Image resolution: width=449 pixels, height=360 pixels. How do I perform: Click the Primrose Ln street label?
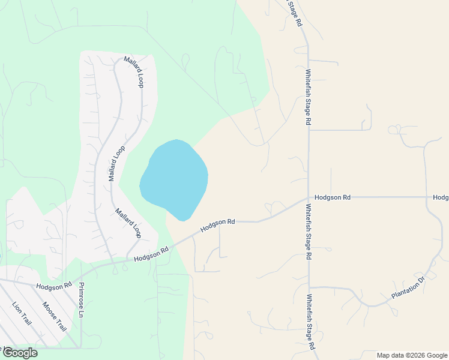tap(82, 300)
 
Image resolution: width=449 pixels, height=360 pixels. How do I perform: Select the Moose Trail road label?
tap(54, 316)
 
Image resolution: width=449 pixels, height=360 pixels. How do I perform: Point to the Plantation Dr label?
tap(408, 288)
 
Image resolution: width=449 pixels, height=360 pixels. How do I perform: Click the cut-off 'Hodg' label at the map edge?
tap(441, 197)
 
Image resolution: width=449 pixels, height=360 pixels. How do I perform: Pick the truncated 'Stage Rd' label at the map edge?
tap(295, 13)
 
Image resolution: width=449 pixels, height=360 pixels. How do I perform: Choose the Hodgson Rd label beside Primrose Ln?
tap(53, 286)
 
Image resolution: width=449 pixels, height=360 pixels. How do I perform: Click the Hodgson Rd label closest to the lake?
tap(217, 224)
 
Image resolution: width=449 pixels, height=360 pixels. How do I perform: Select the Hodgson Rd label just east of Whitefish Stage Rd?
tap(333, 197)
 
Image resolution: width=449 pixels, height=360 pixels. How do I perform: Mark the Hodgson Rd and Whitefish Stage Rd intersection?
tap(309, 197)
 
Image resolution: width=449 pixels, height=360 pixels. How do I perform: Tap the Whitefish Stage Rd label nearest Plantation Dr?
tap(310, 322)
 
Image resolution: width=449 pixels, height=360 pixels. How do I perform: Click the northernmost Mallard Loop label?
tap(134, 72)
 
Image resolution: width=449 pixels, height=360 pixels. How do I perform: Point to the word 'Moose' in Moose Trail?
tap(49, 309)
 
